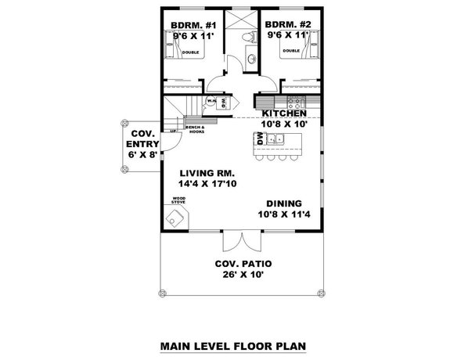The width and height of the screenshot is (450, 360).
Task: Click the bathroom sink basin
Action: click(250, 59)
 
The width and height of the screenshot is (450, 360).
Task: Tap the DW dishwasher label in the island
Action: click(257, 139)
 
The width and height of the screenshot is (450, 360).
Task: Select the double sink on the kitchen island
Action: click(276, 140)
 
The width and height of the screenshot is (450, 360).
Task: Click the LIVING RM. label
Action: click(207, 173)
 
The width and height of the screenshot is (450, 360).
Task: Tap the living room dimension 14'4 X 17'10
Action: click(207, 184)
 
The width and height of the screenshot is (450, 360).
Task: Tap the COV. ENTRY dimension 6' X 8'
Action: click(141, 155)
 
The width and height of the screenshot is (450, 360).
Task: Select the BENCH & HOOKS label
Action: click(194, 128)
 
